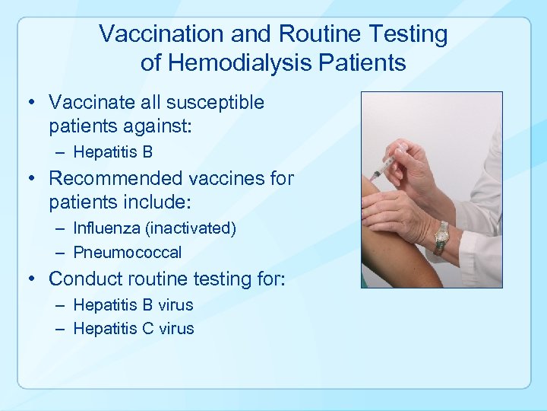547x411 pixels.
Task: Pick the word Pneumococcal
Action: pos(128,252)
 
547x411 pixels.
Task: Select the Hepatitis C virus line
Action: pos(134,329)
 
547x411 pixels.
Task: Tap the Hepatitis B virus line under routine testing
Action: pos(134,304)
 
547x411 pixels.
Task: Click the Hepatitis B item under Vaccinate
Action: pos(113,152)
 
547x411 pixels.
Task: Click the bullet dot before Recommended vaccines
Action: pos(34,179)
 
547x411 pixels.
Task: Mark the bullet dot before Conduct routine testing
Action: pos(34,279)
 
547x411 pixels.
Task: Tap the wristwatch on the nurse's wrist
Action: pos(441,238)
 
